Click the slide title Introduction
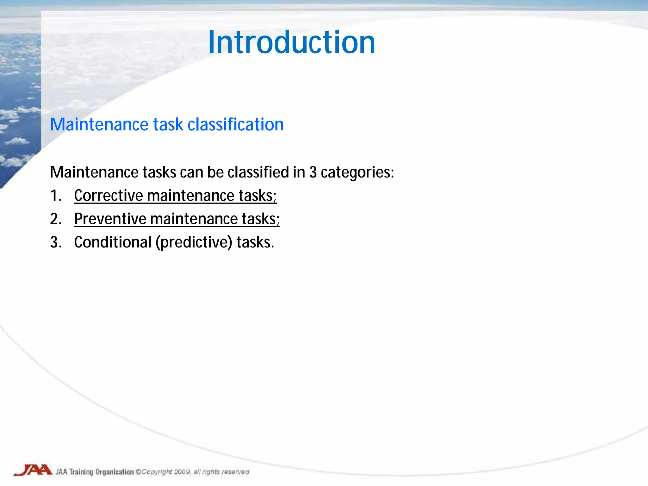point(291,42)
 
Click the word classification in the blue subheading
point(236,124)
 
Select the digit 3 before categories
point(313,172)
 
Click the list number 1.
point(55,196)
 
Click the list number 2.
point(55,219)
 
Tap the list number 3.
point(55,242)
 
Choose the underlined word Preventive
point(110,219)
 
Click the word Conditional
point(113,242)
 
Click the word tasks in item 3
point(255,242)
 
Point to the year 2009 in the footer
point(182,472)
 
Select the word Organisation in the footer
point(115,472)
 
